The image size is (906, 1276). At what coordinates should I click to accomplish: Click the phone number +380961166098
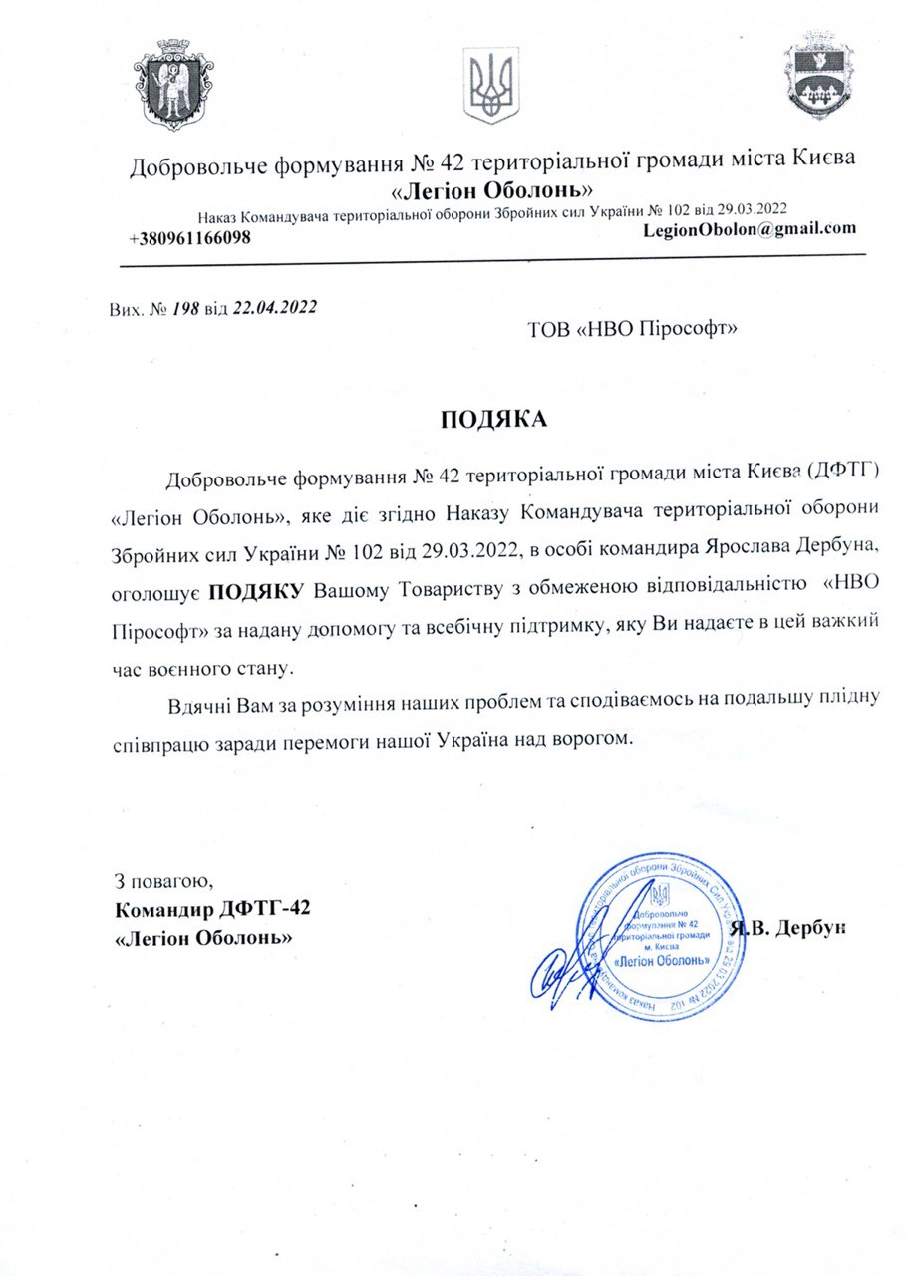[189, 239]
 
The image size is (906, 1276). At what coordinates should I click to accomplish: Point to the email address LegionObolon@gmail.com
[750, 228]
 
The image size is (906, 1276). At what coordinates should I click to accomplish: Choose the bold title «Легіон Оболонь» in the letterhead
[494, 189]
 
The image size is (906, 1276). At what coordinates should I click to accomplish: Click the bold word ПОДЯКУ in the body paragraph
[256, 591]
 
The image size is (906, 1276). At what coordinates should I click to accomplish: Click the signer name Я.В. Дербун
[787, 928]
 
